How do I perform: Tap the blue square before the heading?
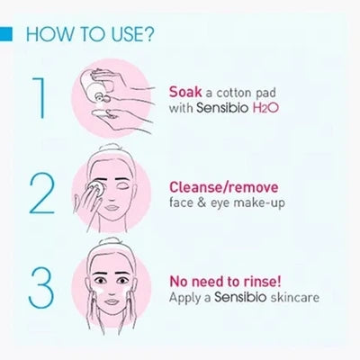point(6,38)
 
